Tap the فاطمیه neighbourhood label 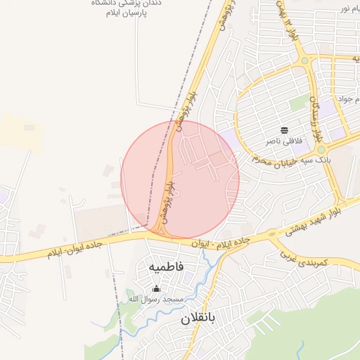point(166,267)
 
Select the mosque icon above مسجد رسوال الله point(156,288)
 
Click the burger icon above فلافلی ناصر point(284,130)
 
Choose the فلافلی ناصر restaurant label point(283,141)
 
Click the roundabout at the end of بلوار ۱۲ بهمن point(304,61)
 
